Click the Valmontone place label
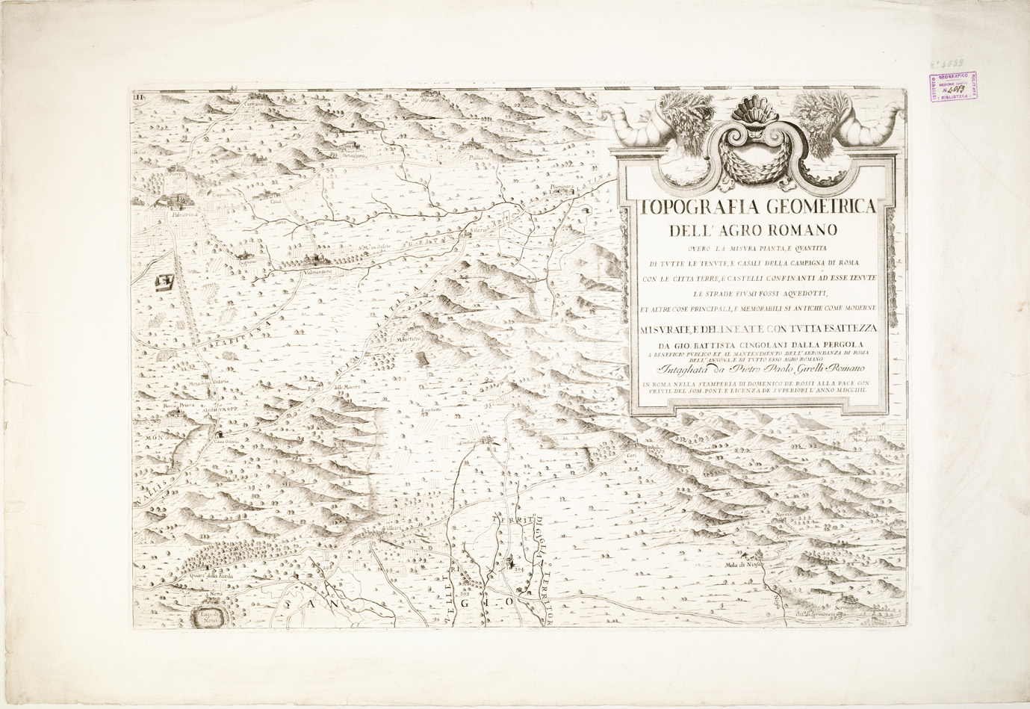click(322, 273)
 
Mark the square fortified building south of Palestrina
click(164, 282)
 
